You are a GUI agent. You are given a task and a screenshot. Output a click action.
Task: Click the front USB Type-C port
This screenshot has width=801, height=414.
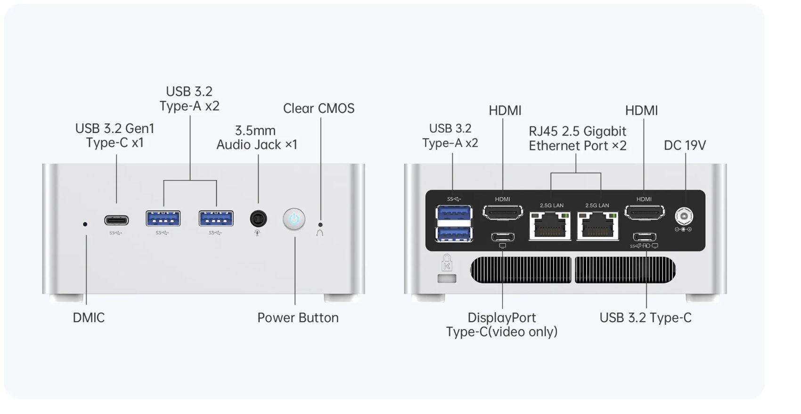coord(116,220)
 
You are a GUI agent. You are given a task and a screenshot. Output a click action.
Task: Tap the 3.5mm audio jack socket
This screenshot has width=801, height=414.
coord(258,218)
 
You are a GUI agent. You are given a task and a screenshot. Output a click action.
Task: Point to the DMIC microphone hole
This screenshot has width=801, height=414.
coord(85,224)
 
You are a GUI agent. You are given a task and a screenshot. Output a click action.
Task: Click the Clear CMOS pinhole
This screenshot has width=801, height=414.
coord(320,225)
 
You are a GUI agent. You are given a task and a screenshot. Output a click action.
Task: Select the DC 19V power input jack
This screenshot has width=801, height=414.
coord(684,216)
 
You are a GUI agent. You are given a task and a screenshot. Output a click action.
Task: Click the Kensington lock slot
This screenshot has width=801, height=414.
coord(447,279)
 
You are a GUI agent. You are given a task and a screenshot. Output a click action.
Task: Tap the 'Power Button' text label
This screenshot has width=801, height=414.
coord(298,318)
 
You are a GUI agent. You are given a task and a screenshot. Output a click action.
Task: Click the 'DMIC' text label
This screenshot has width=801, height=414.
coord(89,318)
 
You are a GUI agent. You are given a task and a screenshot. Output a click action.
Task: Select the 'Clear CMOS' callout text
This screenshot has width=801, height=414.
coord(319,108)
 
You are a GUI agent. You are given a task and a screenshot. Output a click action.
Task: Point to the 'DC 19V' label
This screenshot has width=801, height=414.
coord(685,145)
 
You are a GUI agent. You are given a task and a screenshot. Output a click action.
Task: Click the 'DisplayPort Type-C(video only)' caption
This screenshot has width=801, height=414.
coord(502,324)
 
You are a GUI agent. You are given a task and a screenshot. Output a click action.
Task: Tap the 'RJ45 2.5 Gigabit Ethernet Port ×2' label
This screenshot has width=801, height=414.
coord(578,139)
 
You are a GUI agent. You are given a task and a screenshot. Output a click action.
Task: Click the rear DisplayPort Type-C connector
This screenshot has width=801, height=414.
coord(503,237)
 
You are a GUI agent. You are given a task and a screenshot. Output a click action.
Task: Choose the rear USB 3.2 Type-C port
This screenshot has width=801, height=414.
coord(645,237)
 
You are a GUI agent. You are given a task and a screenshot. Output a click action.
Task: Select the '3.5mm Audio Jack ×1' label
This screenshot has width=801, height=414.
coord(257,137)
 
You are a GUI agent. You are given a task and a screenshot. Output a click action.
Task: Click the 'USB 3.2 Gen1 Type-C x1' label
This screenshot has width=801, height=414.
coord(115,136)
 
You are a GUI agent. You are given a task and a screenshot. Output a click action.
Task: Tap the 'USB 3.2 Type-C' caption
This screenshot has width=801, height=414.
coord(646,318)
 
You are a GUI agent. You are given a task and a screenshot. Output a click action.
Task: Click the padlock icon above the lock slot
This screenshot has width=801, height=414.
coord(447,263)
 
